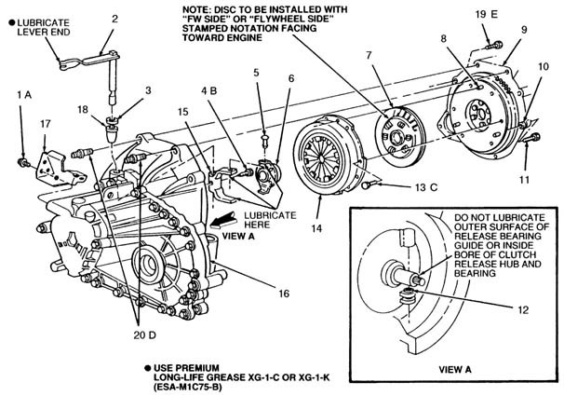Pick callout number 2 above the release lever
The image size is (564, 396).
pyautogui.click(x=114, y=18)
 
